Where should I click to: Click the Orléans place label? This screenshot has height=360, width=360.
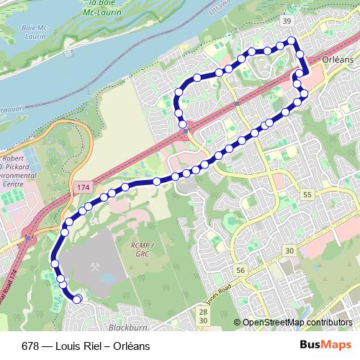coord(338,60)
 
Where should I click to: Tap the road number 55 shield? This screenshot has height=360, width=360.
coord(307,195)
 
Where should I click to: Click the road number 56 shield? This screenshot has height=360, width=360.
coord(240,270)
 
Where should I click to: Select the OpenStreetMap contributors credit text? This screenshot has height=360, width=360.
coord(297,323)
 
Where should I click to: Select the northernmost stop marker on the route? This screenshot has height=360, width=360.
coord(292,41)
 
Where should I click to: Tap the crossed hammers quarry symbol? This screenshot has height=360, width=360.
coord(95,265)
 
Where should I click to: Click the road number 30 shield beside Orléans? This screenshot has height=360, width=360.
coord(289,250)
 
